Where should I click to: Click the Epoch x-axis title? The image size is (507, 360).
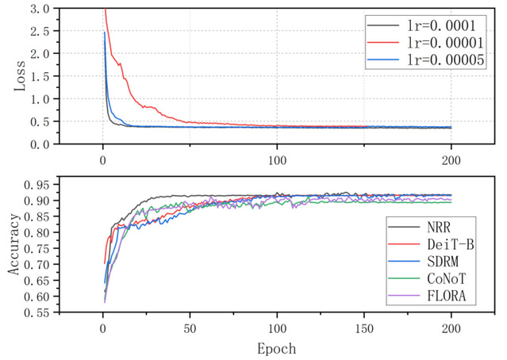[278, 347]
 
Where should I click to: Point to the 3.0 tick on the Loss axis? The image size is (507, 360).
[39, 8]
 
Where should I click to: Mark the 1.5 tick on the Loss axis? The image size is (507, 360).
[39, 76]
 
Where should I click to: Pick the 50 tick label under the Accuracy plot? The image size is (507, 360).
[189, 329]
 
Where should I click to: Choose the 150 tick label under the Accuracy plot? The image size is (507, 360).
[363, 329]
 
